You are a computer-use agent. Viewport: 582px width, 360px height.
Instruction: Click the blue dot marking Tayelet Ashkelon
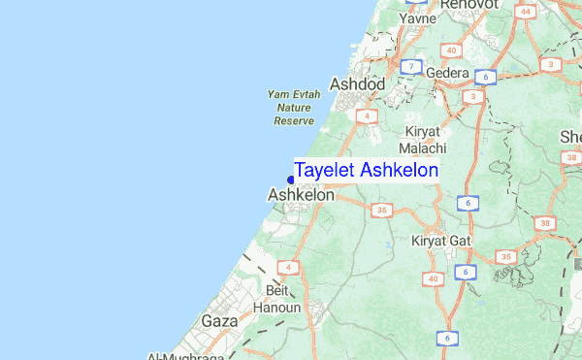point(291,179)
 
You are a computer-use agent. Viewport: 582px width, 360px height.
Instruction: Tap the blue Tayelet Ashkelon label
point(366,171)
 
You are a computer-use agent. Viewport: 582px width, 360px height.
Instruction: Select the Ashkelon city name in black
point(301,195)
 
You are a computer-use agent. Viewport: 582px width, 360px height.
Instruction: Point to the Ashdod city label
point(358,85)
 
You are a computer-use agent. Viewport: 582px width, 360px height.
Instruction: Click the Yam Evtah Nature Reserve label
point(293,108)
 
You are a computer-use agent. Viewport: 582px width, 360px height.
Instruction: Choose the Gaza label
point(219,320)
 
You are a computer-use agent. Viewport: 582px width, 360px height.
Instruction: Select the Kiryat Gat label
point(440,240)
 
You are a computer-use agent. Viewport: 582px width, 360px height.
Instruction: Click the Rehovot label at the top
point(469,5)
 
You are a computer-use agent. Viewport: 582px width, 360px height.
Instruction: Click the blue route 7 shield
point(412,67)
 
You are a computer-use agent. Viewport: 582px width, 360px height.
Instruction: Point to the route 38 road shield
point(545,223)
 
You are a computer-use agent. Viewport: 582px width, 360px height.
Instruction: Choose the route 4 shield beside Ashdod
point(366,115)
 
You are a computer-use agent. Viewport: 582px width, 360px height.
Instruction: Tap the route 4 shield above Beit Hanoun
point(288,266)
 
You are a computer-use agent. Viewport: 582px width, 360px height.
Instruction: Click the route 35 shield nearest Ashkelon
point(381,209)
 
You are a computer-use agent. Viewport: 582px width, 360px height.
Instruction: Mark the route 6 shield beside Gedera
point(485,77)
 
